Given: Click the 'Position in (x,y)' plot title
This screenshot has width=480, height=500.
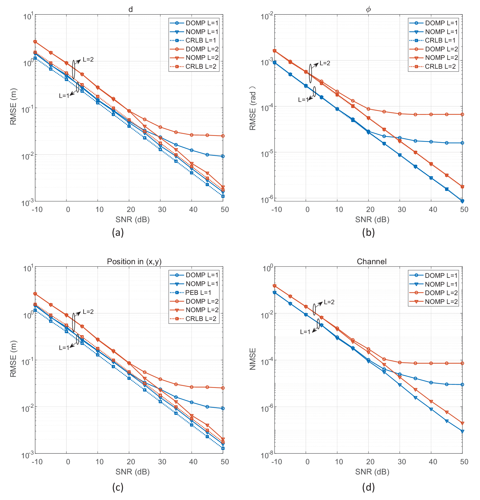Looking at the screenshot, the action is [x=134, y=261].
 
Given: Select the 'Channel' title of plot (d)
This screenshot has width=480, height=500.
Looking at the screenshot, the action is [x=372, y=261].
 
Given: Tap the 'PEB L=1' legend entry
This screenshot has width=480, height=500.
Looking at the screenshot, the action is [x=198, y=293].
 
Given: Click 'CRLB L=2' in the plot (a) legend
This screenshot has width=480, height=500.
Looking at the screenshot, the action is [x=201, y=66].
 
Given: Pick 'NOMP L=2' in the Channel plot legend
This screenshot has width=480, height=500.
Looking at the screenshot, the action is [x=441, y=302].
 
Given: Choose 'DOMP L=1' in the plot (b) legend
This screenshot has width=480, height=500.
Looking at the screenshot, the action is [x=441, y=23].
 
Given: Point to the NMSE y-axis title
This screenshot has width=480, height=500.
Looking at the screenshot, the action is [x=253, y=359].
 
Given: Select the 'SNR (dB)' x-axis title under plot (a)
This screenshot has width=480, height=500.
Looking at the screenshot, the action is [x=132, y=219].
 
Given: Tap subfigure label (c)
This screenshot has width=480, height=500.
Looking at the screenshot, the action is [x=118, y=488].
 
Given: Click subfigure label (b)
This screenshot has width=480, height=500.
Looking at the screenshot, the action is [x=369, y=232].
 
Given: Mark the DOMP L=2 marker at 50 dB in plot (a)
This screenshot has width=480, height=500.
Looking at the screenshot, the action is [x=223, y=136].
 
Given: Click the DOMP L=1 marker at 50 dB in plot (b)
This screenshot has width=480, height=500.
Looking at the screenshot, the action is [x=462, y=143].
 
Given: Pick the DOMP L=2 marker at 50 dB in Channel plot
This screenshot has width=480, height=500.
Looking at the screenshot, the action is [x=462, y=363].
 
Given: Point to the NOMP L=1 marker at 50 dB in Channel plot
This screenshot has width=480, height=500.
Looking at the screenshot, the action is [x=462, y=431].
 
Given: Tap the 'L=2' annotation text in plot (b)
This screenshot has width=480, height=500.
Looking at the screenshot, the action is [x=325, y=63].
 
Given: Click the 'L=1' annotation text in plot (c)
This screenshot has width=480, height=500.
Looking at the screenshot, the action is [x=64, y=348].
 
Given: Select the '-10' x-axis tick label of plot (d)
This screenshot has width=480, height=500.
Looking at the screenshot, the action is [x=277, y=462].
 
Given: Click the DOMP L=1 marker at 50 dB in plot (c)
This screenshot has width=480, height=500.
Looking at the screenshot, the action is [x=223, y=408].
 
